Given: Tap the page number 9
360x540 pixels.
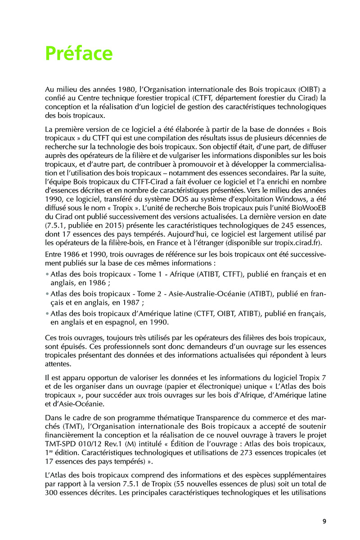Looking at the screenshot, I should point(324,521).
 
